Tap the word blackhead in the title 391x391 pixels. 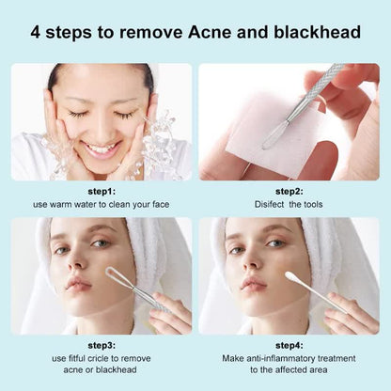pyautogui.click(x=315, y=32)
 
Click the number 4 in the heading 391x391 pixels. pyautogui.click(x=37, y=32)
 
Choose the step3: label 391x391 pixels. pyautogui.click(x=101, y=344)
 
